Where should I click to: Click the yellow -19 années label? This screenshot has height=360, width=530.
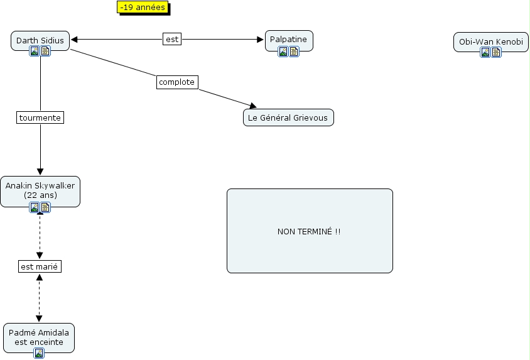coord(142,8)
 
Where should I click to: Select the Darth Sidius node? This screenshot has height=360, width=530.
coord(40,40)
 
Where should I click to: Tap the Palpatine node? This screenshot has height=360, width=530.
coord(288,39)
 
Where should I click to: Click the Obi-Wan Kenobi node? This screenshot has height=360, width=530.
coord(490,41)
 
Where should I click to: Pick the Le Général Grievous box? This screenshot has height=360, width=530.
coord(288,117)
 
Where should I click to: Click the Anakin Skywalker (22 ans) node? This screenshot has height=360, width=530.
coord(40,190)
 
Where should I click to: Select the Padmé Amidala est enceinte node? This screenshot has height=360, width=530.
coord(39,337)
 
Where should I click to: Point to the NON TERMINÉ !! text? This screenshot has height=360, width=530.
coord(309,231)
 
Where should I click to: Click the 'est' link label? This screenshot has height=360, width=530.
coord(171,39)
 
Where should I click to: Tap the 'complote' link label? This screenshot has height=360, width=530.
coord(177,82)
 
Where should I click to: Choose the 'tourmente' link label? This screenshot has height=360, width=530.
coord(40,117)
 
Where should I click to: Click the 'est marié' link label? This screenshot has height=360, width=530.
coord(40,266)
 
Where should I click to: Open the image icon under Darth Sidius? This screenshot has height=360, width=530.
coord(35,51)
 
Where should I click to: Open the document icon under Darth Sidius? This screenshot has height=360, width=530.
coord(45,51)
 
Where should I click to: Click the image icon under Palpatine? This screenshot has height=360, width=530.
coord(283,52)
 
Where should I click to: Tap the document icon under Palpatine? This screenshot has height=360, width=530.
coord(294,52)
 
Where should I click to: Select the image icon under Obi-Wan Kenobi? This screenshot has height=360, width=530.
coord(485,52)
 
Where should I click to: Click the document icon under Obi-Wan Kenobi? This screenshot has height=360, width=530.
coord(496,52)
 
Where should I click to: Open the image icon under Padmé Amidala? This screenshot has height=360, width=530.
coord(39,353)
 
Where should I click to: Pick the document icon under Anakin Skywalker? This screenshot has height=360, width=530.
coord(45,207)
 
